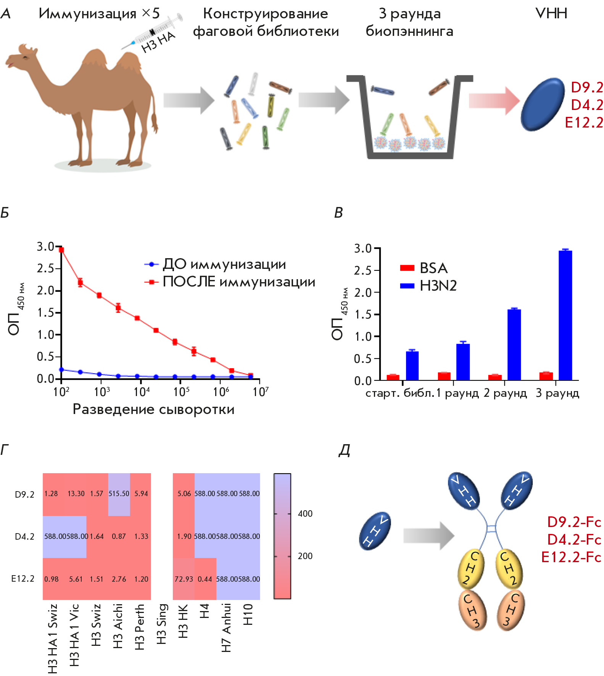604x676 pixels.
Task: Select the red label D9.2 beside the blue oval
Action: point(587,87)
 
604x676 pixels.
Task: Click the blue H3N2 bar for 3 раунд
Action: point(565,315)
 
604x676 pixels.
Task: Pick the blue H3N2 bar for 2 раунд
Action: point(514,344)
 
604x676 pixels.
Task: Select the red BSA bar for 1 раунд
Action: point(444,376)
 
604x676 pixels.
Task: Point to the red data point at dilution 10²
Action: point(61,250)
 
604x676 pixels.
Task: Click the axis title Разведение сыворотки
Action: point(153,409)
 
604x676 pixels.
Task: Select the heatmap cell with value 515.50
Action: point(119,494)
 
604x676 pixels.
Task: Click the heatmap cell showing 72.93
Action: point(184,579)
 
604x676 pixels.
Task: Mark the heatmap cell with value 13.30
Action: point(76,494)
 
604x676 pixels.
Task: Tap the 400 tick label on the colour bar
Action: point(305,514)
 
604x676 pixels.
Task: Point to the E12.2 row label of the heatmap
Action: point(23,579)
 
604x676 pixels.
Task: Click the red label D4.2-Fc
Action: point(574,540)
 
